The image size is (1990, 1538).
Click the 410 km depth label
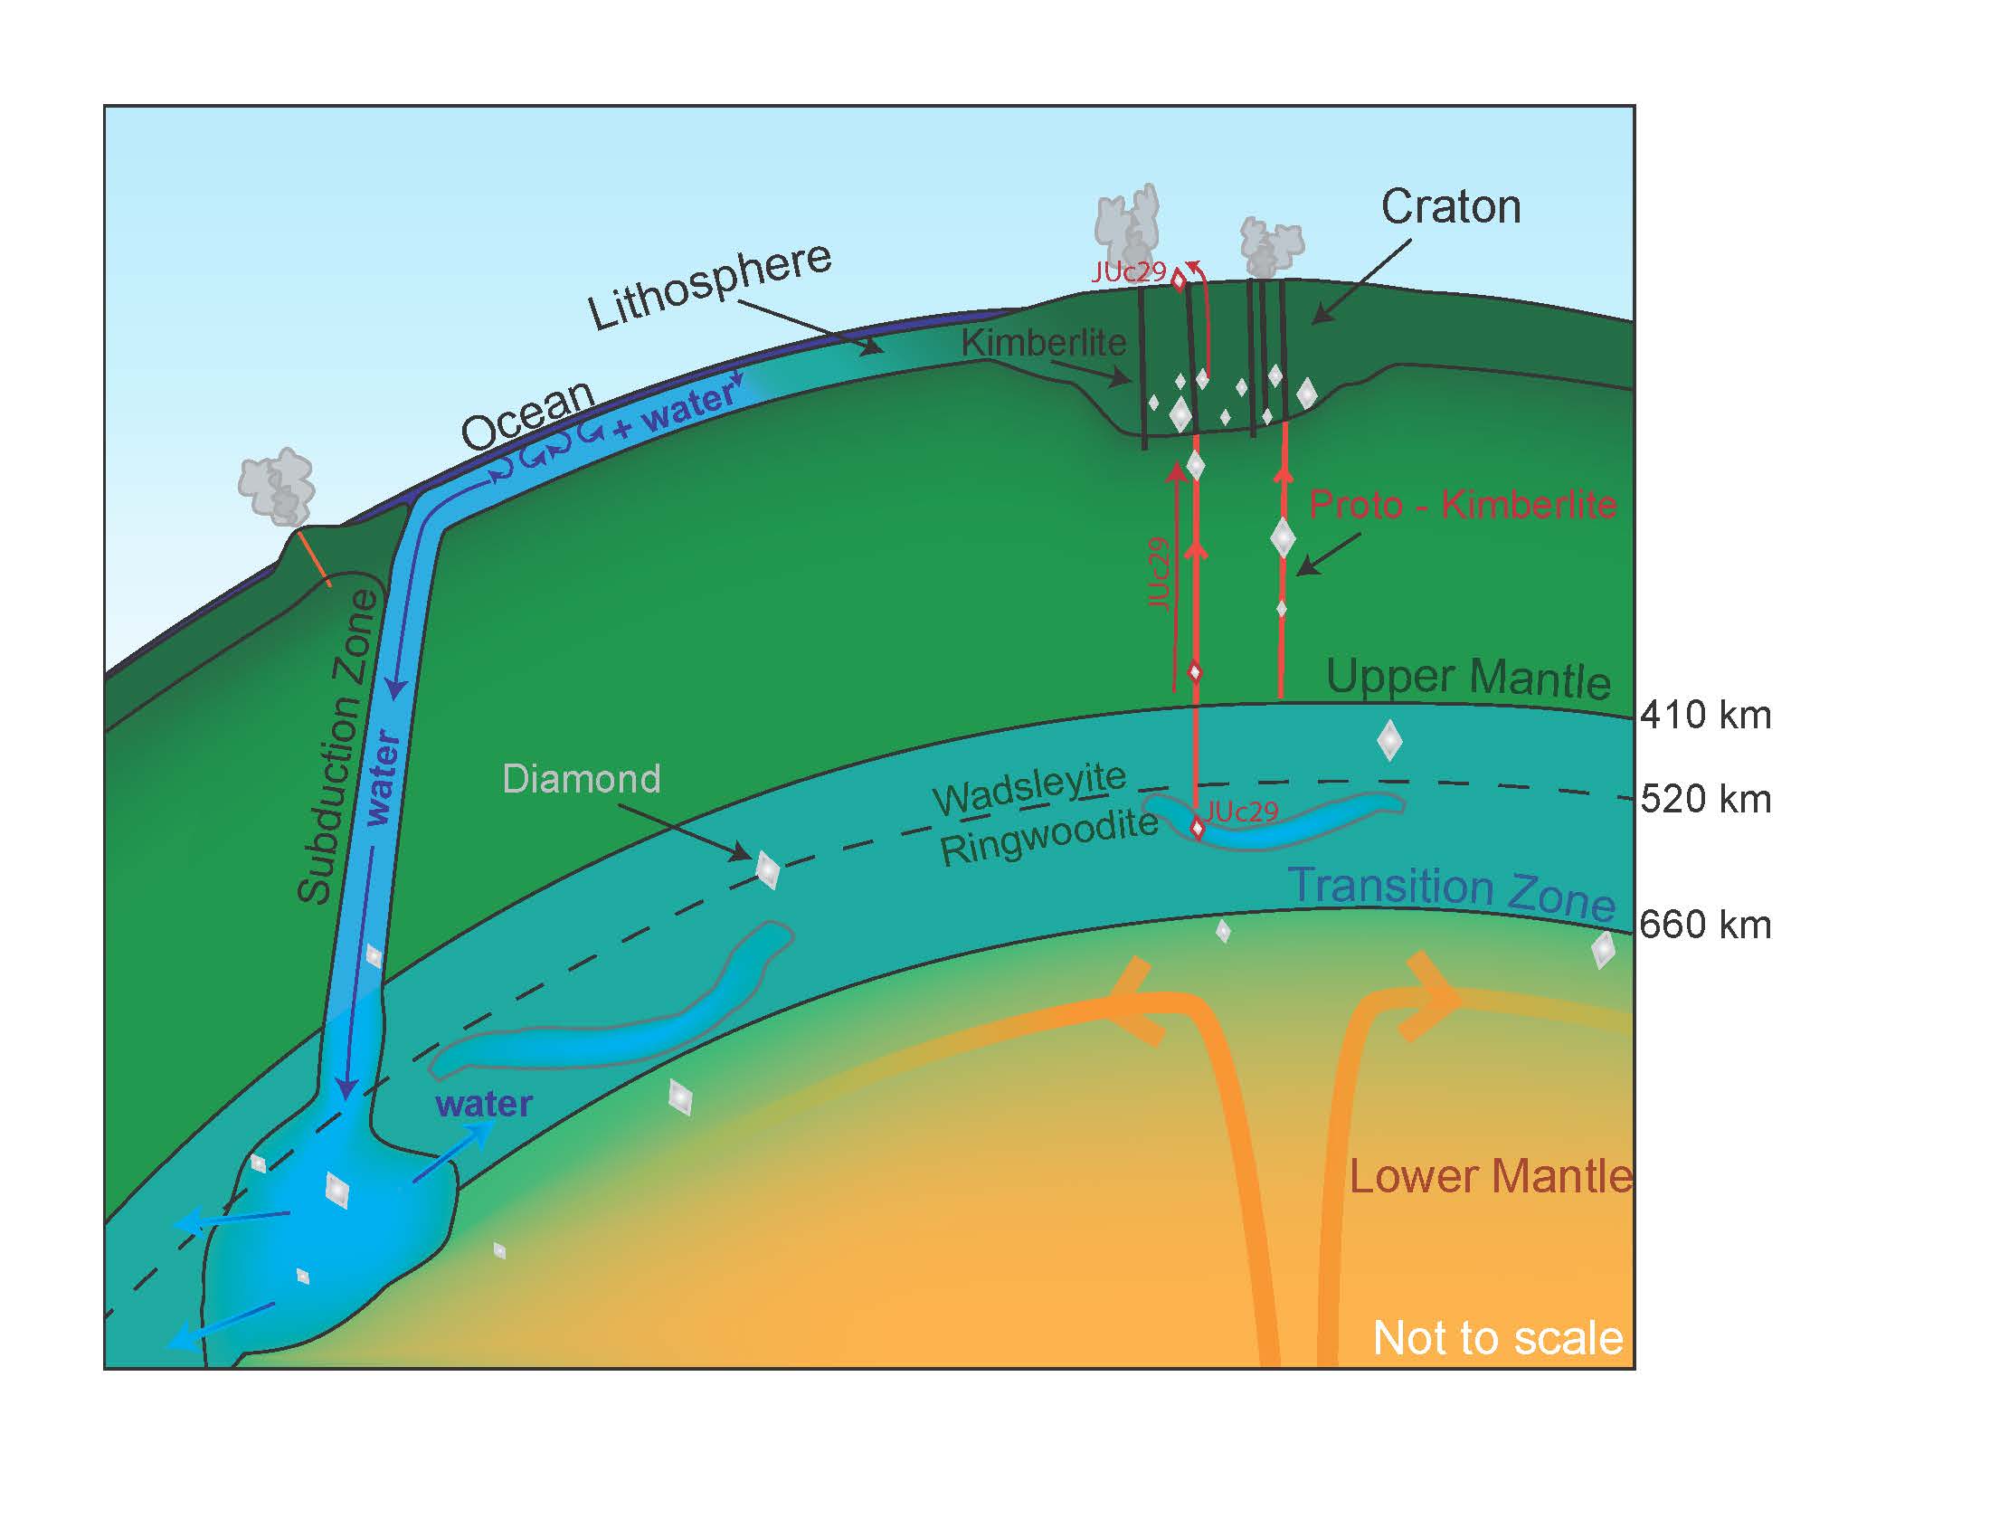(1706, 716)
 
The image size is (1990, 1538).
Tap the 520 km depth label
(1706, 799)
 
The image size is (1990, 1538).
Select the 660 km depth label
(1705, 926)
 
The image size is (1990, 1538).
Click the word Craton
(1451, 207)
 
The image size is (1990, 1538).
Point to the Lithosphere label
(709, 286)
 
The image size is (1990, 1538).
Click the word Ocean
(527, 415)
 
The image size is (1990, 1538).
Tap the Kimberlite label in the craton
(1043, 344)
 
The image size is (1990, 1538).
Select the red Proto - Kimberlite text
(1463, 504)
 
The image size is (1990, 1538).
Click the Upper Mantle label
(1468, 679)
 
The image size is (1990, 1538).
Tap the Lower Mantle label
(1490, 1176)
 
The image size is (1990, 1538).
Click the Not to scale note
(1497, 1337)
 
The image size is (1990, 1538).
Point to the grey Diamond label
(582, 779)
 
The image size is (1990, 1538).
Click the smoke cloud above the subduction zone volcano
(277, 487)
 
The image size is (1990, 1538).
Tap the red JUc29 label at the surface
(1128, 271)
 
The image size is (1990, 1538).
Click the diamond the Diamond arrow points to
(767, 869)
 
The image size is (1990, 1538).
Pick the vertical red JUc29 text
(1157, 573)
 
